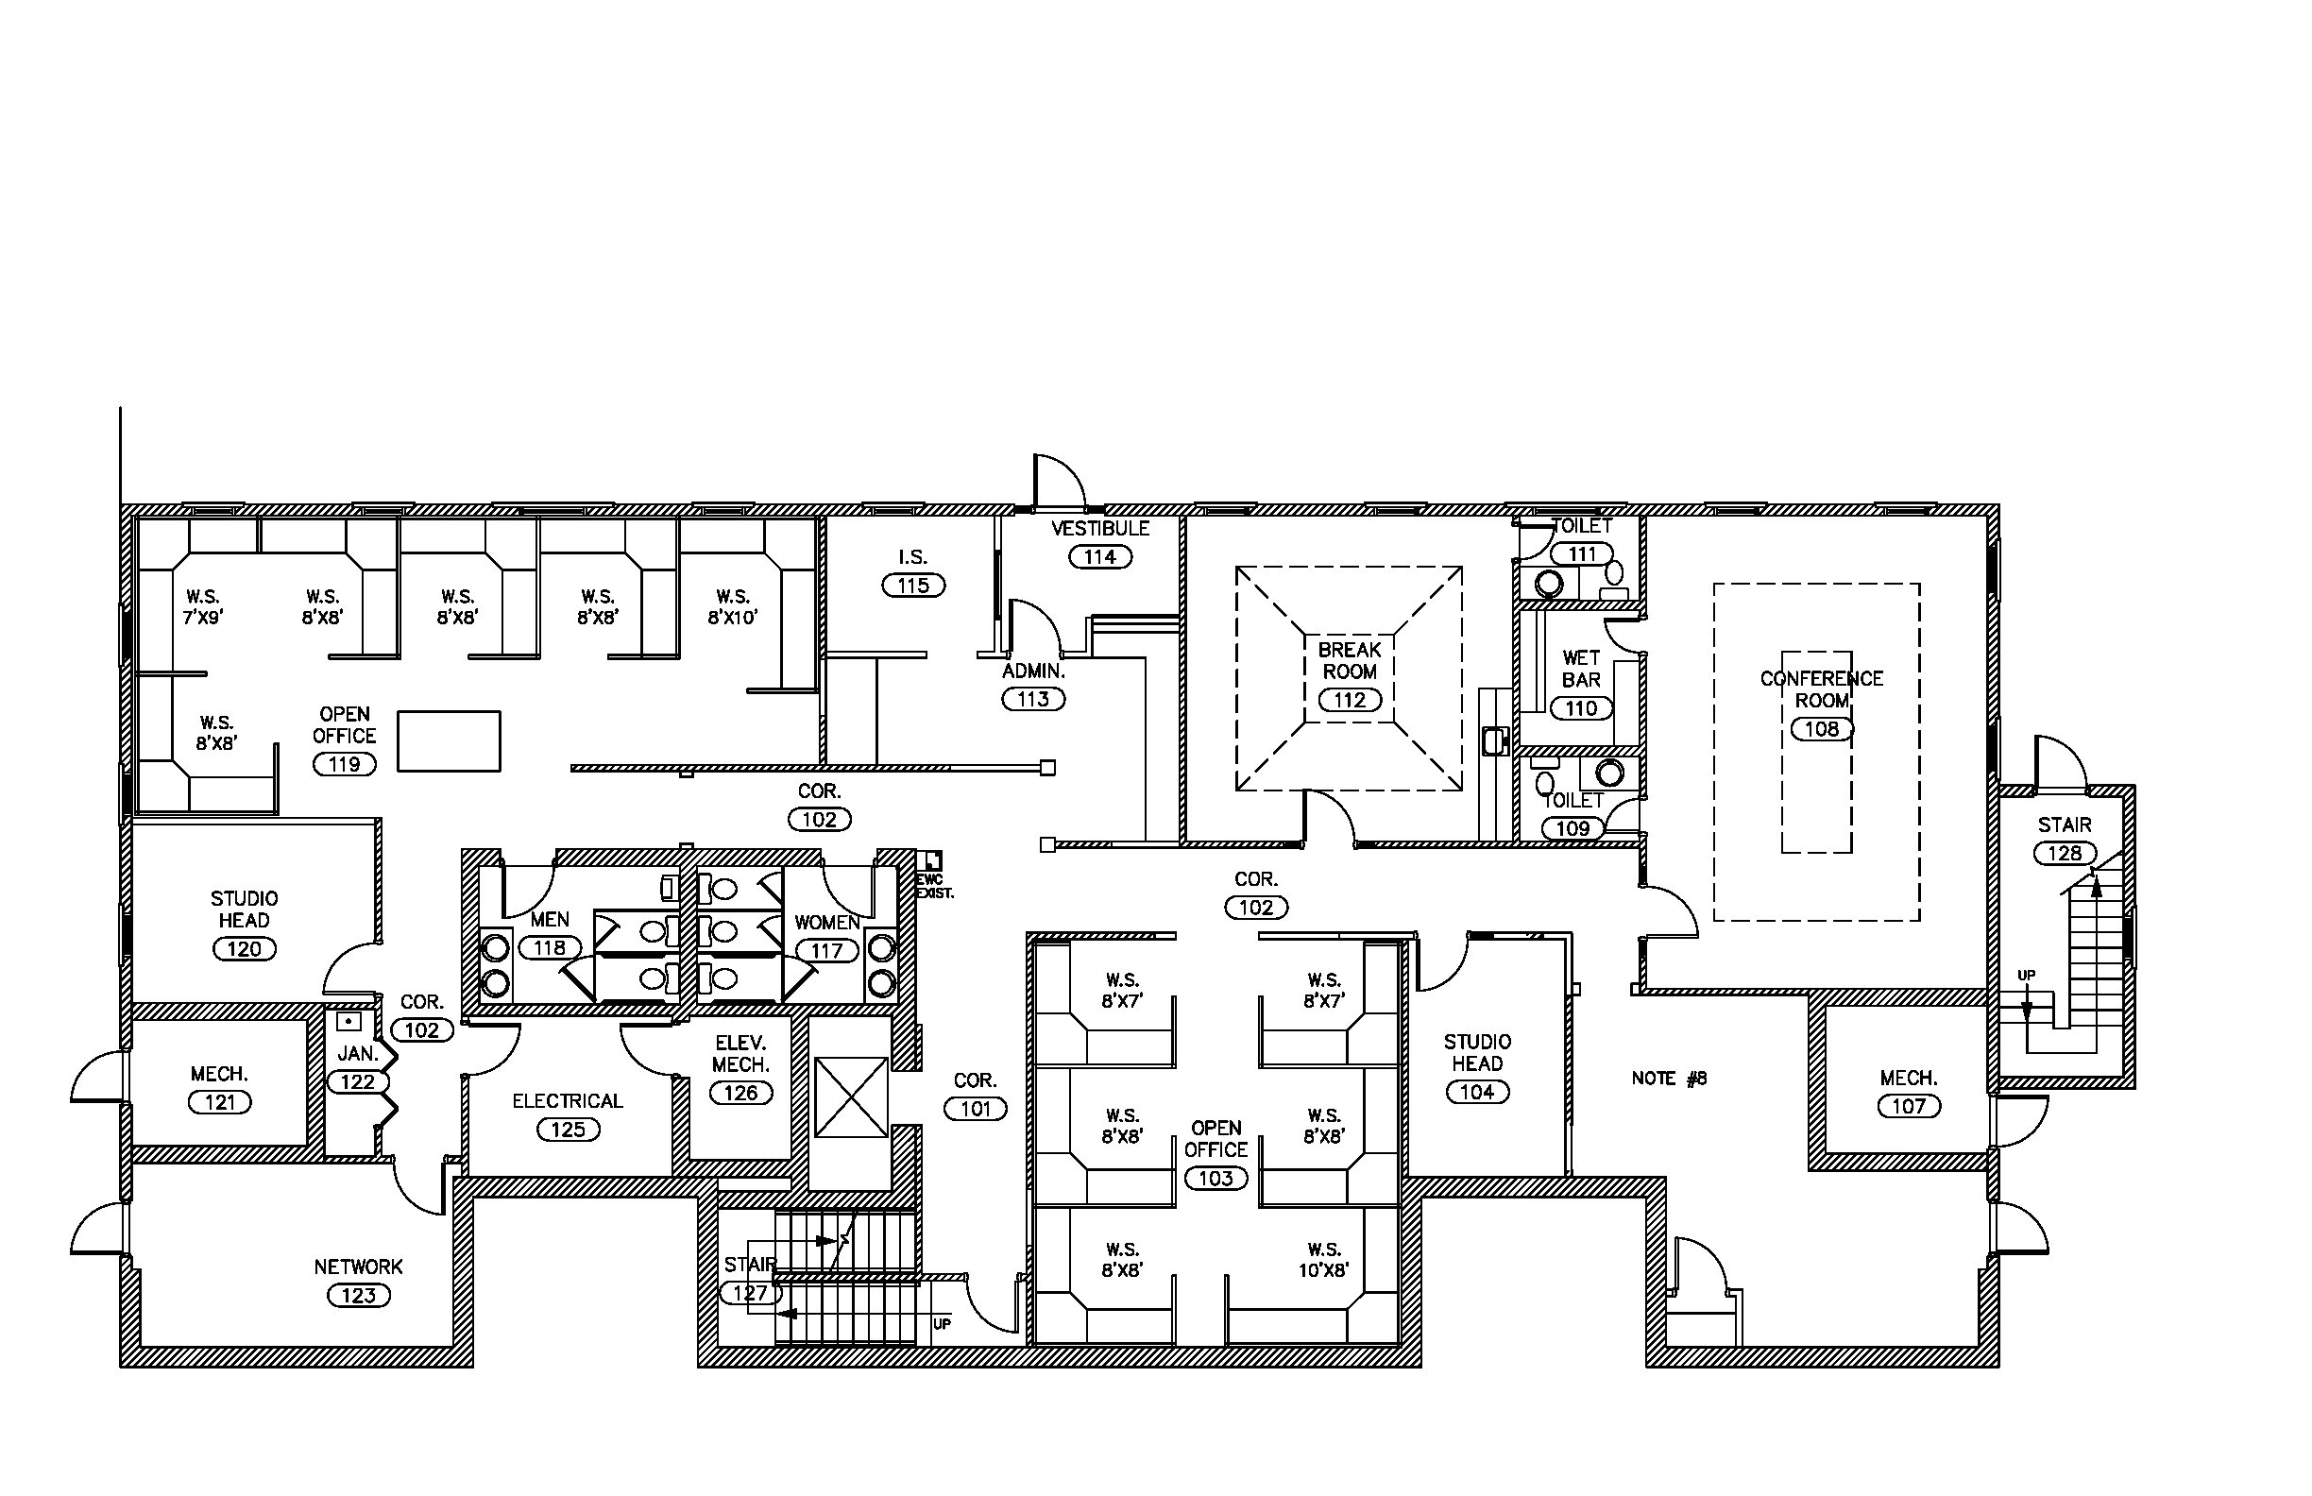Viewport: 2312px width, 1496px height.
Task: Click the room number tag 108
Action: pos(1822,728)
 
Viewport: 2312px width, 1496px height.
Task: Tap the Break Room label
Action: pos(1350,659)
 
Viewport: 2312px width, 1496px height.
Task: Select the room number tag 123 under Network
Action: pos(359,1295)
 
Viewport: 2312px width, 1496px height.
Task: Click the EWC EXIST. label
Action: pos(934,886)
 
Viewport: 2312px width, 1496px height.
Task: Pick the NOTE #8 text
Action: pos(1669,1078)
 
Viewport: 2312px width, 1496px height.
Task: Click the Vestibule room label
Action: pos(1099,529)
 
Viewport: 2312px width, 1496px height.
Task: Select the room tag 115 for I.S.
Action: pos(913,585)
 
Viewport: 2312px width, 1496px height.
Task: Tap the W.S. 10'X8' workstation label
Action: pos(1324,1259)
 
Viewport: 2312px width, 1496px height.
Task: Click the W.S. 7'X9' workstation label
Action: pos(203,606)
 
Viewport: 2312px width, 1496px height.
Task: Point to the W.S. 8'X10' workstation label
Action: pos(733,606)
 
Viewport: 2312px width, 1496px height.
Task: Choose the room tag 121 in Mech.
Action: pos(220,1101)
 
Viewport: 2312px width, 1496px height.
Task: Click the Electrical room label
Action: pos(568,1100)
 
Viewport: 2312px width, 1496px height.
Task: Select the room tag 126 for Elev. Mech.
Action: pos(740,1093)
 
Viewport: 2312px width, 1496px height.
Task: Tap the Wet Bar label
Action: pos(1582,669)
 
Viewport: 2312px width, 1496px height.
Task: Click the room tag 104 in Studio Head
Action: pos(1476,1091)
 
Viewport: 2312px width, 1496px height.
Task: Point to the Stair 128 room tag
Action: pos(2065,853)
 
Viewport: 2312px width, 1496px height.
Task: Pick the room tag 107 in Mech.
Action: pos(1909,1106)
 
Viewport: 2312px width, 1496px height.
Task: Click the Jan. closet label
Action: pos(358,1053)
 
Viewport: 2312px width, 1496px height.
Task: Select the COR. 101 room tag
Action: pos(976,1109)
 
